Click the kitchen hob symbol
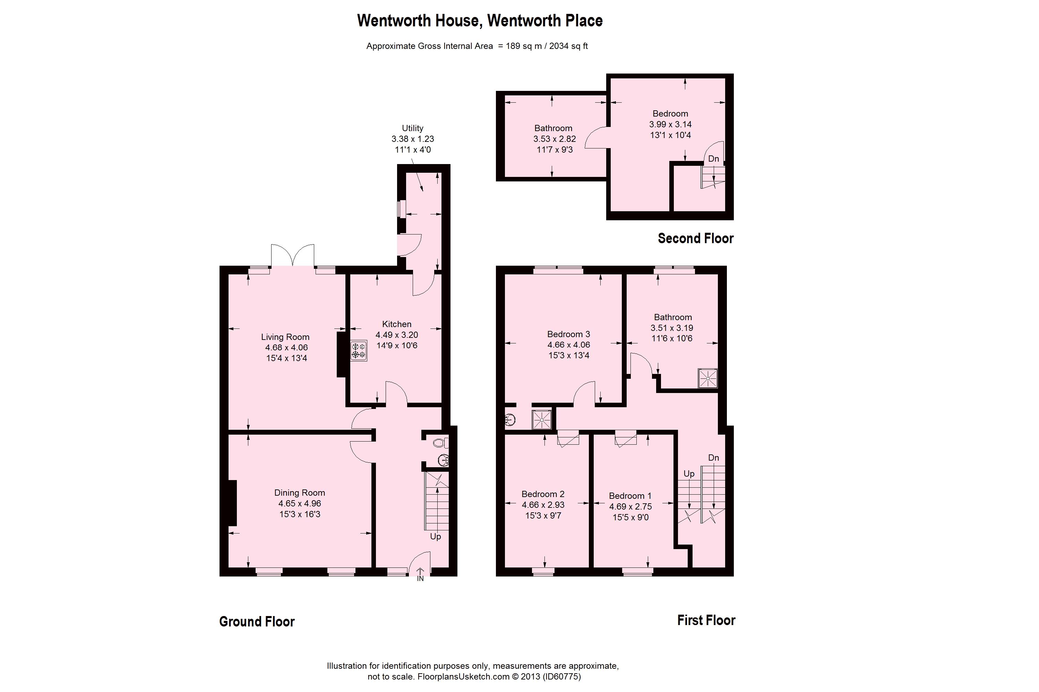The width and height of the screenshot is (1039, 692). click(358, 350)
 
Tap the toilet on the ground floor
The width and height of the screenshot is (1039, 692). click(440, 443)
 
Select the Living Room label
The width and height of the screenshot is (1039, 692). click(285, 337)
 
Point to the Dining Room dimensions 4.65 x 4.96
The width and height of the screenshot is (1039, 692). click(300, 503)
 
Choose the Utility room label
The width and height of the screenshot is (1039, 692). click(412, 128)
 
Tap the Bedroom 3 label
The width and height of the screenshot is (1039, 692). click(568, 334)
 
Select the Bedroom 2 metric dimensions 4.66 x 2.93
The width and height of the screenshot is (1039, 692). click(543, 504)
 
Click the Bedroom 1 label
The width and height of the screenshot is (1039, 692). click(630, 496)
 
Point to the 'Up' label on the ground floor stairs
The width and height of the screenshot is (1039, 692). click(436, 536)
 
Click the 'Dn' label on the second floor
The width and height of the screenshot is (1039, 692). click(713, 159)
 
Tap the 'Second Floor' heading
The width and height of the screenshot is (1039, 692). click(695, 238)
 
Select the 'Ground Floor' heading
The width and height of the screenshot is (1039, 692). click(257, 621)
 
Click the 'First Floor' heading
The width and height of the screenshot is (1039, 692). click(706, 620)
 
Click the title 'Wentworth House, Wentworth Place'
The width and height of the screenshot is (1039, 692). click(480, 21)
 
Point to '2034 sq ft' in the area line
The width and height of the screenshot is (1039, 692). click(568, 46)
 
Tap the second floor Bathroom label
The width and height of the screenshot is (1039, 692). click(553, 128)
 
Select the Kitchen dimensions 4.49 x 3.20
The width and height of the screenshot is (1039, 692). click(397, 334)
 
